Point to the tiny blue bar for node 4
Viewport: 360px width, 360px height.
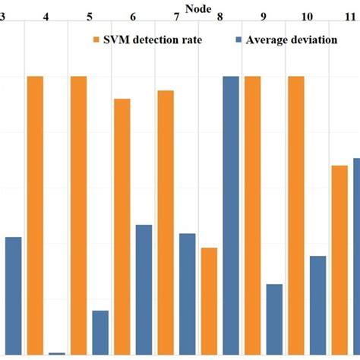tap(56, 353)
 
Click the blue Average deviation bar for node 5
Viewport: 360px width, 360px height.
tap(100, 332)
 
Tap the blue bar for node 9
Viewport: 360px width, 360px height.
tap(274, 319)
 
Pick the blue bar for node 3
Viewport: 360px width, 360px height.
tap(13, 295)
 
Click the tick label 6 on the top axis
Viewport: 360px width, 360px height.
tap(134, 17)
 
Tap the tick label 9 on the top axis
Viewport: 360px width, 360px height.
tap(264, 17)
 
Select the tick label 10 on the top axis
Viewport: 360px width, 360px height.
tap(307, 17)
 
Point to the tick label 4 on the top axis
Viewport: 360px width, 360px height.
tap(46, 17)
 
